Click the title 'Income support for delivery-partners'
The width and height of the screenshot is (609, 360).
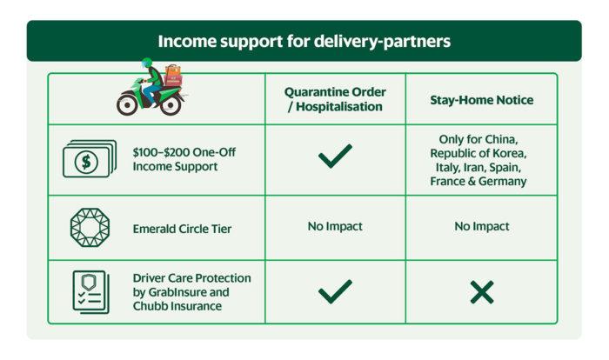[304, 41]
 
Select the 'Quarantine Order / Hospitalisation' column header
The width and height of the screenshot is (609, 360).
[335, 99]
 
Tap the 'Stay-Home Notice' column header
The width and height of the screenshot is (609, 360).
[482, 100]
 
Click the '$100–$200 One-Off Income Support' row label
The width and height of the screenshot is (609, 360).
[184, 159]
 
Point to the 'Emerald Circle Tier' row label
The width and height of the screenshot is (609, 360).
[182, 229]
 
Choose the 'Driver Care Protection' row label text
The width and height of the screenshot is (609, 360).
[192, 278]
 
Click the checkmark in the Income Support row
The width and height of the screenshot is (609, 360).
[335, 156]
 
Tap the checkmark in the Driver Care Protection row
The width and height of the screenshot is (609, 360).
[335, 291]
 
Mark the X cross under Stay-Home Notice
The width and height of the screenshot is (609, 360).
[482, 292]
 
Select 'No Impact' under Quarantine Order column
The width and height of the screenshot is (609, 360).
[335, 226]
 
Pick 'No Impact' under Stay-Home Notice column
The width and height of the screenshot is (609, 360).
[482, 226]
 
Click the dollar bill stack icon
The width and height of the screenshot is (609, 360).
[90, 158]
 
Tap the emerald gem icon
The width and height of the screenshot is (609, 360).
[90, 228]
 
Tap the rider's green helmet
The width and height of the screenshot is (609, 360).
[147, 63]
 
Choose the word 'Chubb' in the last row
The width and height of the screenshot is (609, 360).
[149, 306]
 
